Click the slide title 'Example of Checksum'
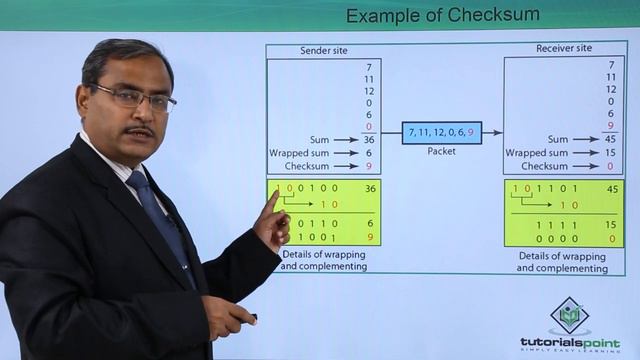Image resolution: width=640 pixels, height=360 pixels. (442, 15)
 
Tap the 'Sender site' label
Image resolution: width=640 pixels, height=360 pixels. (324, 50)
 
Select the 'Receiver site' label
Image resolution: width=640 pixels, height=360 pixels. (563, 48)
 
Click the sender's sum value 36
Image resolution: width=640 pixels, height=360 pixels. (369, 140)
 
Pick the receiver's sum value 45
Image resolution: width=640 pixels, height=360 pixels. (610, 140)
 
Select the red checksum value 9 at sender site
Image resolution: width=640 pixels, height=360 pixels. (369, 166)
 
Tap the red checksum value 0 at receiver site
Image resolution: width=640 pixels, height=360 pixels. (611, 166)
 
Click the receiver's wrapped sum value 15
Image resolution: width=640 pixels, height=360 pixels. (610, 153)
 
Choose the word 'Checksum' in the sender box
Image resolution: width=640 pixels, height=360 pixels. (306, 166)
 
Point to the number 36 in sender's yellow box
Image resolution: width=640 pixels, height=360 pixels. (370, 188)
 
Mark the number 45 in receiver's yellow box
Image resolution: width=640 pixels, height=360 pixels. (611, 188)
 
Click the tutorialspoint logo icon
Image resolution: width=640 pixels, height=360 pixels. (570, 318)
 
